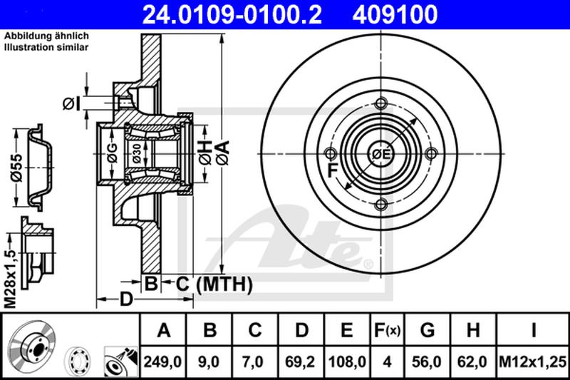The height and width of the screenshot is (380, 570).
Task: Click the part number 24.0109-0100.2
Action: tap(232, 14)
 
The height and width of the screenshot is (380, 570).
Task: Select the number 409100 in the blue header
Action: tap(395, 14)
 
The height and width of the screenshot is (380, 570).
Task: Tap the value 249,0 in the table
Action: tap(162, 361)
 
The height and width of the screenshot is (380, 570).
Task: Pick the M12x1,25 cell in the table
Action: tap(532, 361)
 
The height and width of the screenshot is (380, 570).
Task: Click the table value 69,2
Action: tap(300, 361)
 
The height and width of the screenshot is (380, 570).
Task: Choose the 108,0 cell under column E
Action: tap(347, 361)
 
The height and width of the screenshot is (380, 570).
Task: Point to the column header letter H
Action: tap(473, 330)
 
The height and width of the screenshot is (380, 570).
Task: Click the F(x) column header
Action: tap(387, 330)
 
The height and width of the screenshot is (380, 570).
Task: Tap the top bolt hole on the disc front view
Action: tap(380, 103)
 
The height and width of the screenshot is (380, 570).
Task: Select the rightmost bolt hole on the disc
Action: tap(431, 154)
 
